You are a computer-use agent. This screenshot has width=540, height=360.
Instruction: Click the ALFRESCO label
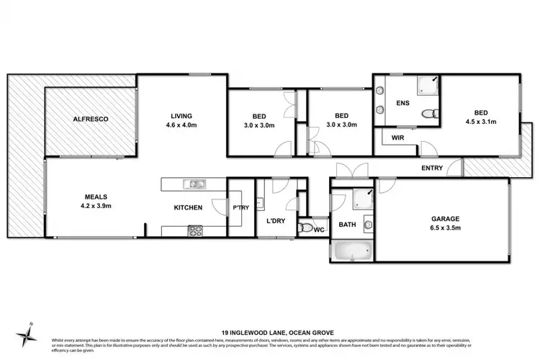[x=89, y=119]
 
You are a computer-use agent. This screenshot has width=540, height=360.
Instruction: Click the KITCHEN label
[x=188, y=207]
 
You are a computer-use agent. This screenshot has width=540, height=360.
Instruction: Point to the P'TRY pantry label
[x=240, y=207]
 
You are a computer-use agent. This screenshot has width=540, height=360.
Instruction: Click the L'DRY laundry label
[x=276, y=221]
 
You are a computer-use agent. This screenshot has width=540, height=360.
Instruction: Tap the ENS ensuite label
[x=402, y=104]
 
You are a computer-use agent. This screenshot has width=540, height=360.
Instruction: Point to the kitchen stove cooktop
[x=195, y=230]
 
